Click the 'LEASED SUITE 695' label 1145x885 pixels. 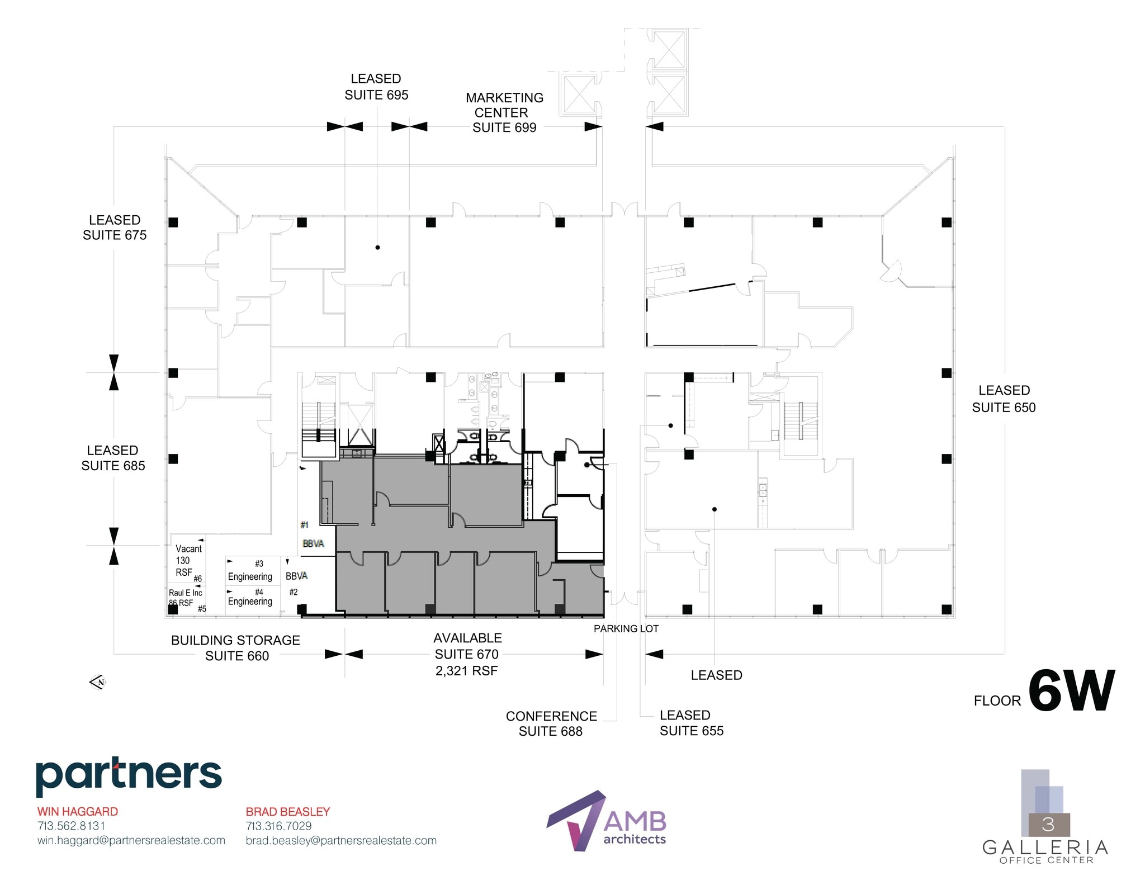coord(376,87)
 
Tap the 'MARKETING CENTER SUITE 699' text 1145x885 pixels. coord(504,112)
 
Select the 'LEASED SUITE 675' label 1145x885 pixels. coord(115,228)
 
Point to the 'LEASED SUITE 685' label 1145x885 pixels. coord(113,458)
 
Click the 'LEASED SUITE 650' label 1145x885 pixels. coord(1004,399)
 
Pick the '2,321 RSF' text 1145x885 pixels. coord(466,671)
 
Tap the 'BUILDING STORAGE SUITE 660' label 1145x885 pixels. coord(236,648)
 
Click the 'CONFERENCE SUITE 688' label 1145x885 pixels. coord(551,723)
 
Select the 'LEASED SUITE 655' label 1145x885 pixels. coord(691,723)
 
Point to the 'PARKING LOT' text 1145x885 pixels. coord(626,629)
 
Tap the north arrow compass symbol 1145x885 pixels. coord(97,682)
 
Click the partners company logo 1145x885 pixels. coord(129,776)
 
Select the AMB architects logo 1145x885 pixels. coord(607,821)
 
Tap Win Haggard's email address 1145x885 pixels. coord(131,840)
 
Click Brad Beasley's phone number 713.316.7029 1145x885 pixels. coord(278,826)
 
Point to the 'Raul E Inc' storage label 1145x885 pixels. coord(185,593)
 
